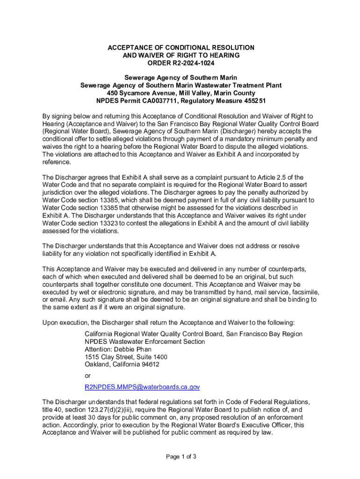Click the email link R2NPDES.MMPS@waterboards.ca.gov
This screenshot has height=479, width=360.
coord(142,387)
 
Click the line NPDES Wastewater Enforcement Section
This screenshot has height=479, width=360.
coord(144,341)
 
